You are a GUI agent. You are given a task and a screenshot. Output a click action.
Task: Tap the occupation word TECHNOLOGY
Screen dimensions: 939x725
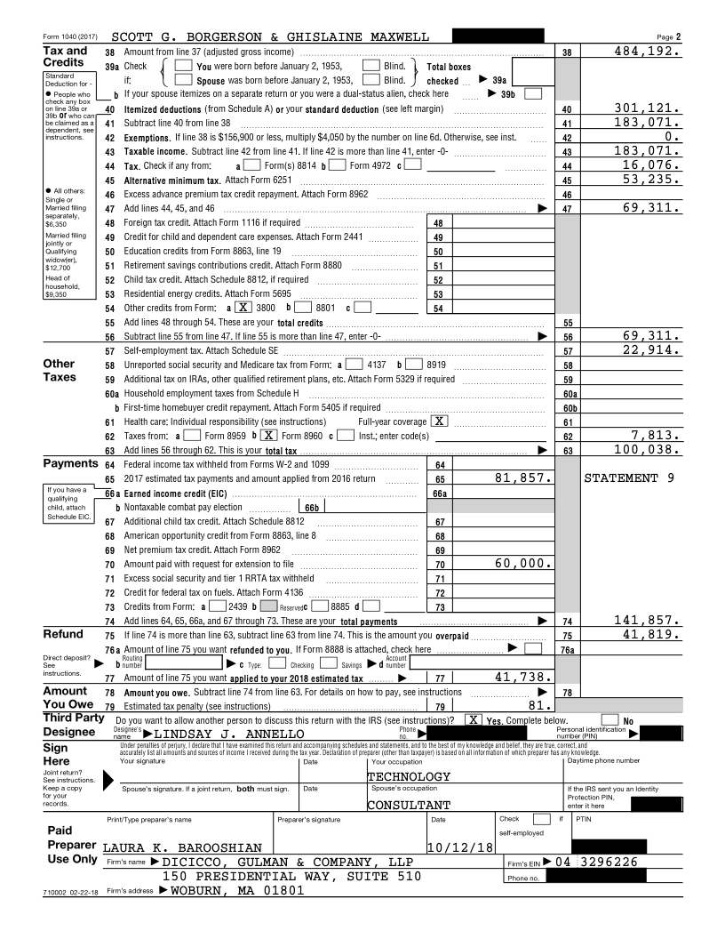409,776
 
